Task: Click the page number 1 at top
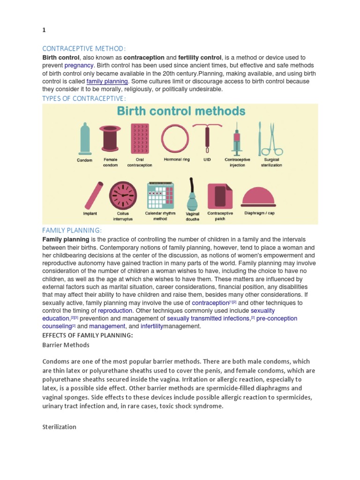click(44, 30)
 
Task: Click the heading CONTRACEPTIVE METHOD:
click(84, 48)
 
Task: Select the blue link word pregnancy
click(79, 65)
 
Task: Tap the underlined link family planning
click(107, 81)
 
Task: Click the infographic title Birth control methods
click(180, 112)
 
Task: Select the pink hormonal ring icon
click(176, 139)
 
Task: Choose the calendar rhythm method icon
click(160, 195)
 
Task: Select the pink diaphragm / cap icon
click(258, 196)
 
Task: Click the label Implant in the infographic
click(90, 214)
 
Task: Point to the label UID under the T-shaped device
click(207, 160)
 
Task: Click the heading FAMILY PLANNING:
click(72, 230)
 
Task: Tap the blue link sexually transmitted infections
click(208, 318)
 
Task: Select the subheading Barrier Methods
click(66, 345)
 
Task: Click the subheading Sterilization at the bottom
click(59, 427)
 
